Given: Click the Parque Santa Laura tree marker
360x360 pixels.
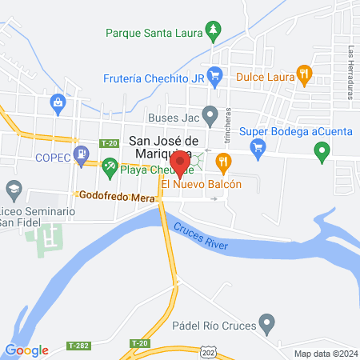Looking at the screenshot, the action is [213, 33].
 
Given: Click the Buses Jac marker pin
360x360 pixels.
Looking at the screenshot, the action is [210, 116].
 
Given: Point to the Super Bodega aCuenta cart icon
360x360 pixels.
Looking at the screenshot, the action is [258, 146].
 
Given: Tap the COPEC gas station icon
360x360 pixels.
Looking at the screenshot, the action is [81, 154].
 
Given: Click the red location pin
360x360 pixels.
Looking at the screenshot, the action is [180, 162].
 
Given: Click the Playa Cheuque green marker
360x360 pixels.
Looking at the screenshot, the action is [110, 168].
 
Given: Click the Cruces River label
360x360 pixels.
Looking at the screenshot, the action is [204, 226].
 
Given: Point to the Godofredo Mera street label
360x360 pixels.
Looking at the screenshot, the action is [116, 194].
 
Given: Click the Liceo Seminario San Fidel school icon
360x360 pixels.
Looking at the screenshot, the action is [13, 190].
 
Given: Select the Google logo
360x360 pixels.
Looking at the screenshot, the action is [26, 350].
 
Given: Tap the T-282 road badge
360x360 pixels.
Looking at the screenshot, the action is [78, 345].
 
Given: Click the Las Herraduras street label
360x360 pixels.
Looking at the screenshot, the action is [350, 72].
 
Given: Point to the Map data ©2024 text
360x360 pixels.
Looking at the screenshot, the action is [324, 353].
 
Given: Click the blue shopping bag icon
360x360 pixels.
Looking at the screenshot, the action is [58, 103].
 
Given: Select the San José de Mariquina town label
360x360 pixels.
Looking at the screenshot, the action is [160, 148].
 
